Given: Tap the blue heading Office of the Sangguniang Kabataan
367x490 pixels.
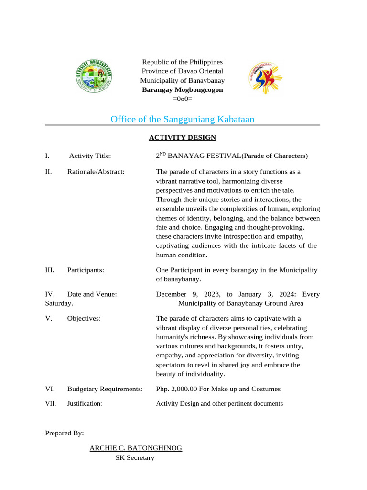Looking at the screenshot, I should point(182,119).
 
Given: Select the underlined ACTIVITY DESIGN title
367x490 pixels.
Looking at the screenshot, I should point(182,138).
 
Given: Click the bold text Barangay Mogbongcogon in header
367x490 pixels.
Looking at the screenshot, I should point(182,90).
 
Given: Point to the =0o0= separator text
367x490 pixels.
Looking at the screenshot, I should point(182,99).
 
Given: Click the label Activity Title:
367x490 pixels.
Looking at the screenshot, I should point(90,156).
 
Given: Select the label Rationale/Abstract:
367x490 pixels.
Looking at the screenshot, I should point(96,172).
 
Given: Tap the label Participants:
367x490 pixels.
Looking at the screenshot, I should point(86,270).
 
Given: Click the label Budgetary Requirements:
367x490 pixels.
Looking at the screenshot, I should point(105,390).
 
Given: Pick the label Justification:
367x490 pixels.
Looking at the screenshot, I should point(85,404).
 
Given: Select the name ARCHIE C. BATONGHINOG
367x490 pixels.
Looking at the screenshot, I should point(136,448).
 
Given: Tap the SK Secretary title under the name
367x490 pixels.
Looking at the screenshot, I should point(135,458).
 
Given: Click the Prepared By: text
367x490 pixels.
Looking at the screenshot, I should point(65,433).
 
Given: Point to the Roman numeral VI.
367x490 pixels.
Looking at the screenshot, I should point(50,390).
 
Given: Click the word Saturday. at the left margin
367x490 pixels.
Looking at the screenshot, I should point(59,304).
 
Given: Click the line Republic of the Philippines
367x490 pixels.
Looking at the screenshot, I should point(182,62).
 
